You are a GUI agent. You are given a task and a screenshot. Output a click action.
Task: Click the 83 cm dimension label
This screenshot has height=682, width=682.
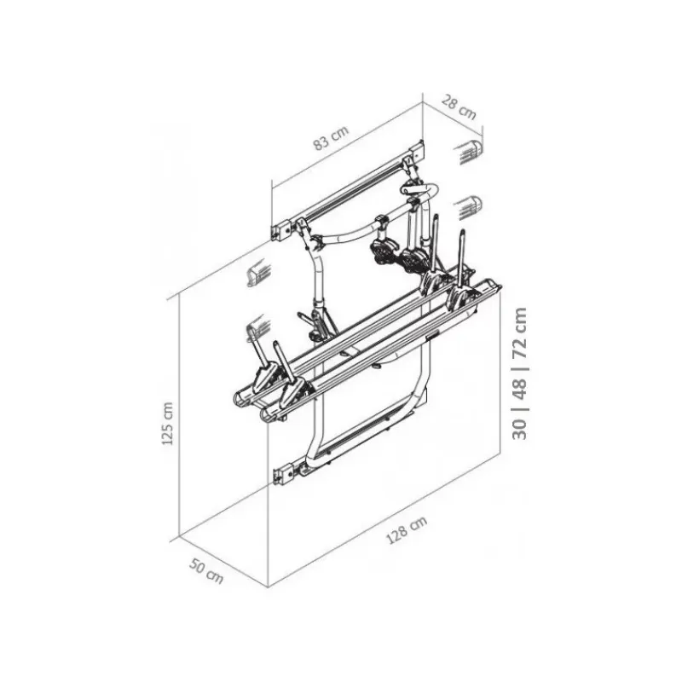pos(332,138)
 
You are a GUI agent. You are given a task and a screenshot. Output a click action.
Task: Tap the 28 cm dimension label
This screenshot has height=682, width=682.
pos(459,107)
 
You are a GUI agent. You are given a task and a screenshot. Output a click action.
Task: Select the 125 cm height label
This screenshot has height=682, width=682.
pos(167,423)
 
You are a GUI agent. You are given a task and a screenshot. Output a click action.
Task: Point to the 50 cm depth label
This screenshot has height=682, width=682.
pos(206,570)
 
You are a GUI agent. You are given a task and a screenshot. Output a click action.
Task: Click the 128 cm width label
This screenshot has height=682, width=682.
pos(407,529)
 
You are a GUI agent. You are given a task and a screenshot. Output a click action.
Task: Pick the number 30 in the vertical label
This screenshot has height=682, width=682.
pos(519,429)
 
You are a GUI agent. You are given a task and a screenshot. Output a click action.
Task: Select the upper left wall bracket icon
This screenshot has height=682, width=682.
pos(259,272)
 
